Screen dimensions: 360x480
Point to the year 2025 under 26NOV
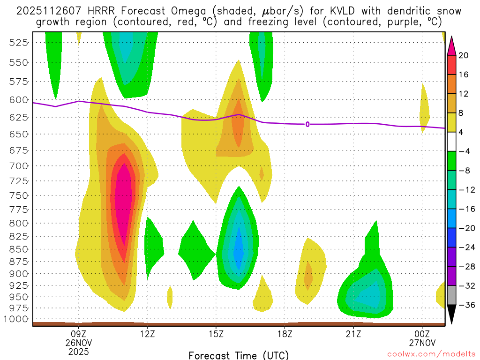tap(79, 351)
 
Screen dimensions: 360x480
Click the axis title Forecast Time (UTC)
tap(239, 355)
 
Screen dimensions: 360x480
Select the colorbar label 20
tap(464, 55)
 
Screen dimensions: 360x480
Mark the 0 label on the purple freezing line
tap(307, 124)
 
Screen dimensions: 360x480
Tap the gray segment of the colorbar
tap(452, 295)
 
